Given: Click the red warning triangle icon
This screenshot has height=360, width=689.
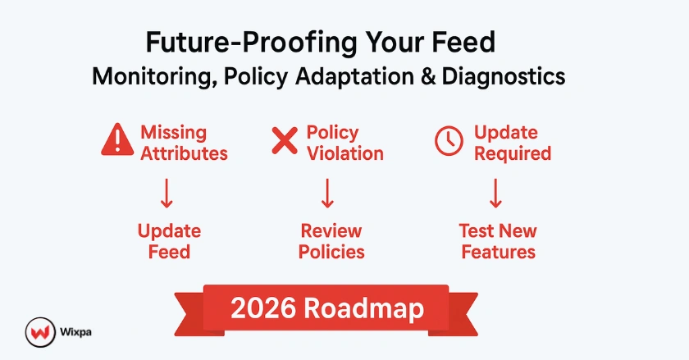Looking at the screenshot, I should (x=116, y=142).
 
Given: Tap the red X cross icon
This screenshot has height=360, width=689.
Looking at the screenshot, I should (x=284, y=141).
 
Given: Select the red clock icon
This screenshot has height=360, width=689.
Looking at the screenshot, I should (x=448, y=142).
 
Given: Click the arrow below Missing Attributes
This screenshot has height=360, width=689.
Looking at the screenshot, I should (x=167, y=193).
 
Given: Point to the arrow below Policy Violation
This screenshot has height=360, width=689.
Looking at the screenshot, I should (x=327, y=193).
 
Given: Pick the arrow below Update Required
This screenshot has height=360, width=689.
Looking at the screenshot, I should (x=496, y=193).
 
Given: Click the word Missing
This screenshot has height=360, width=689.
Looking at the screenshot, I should (x=174, y=132).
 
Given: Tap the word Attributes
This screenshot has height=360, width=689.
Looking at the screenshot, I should (x=184, y=153).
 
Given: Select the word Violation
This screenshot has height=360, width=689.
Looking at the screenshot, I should (x=344, y=153).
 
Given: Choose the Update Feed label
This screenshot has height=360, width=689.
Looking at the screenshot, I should (x=169, y=241).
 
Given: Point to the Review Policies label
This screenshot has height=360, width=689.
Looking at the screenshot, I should (x=331, y=241).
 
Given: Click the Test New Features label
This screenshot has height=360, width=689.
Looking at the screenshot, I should (x=498, y=241).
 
